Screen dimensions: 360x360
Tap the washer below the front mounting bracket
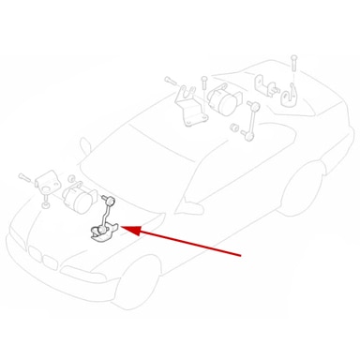point(44,203)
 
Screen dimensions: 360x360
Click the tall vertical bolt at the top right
point(292,67)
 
